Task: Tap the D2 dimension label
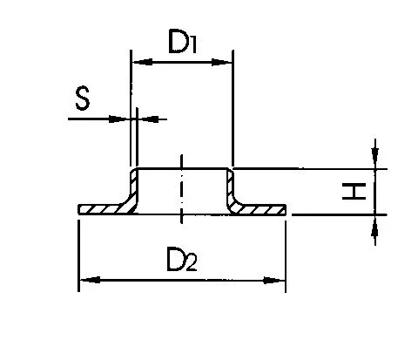(x=182, y=259)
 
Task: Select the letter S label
(x=83, y=98)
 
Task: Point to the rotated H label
(x=354, y=191)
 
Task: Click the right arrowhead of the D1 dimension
(x=222, y=62)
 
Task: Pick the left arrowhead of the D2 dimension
(x=90, y=280)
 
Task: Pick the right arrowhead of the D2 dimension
(x=274, y=281)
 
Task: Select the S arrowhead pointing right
(x=119, y=119)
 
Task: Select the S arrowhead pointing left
(x=148, y=119)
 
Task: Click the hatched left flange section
(x=102, y=209)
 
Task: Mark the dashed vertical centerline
(x=181, y=189)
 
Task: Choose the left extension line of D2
(x=78, y=255)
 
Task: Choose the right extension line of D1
(x=233, y=107)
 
